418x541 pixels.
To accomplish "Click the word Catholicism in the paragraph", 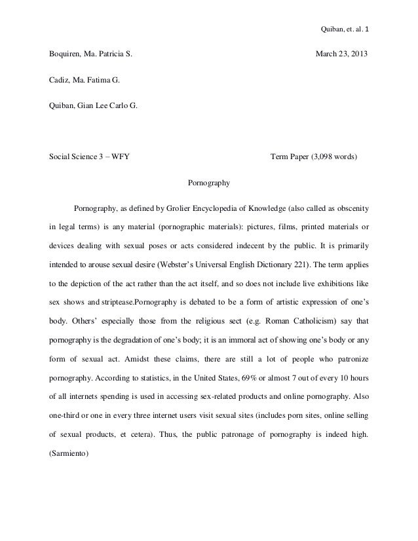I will tap(287, 322).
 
